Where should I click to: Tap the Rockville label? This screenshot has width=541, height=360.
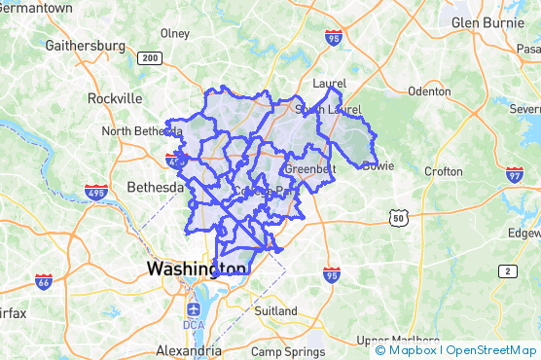115,98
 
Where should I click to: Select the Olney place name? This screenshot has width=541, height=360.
175,33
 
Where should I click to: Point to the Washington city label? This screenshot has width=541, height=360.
196,268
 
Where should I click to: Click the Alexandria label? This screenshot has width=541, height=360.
188,350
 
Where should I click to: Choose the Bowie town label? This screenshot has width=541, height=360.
378,165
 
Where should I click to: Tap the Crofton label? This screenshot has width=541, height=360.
444,171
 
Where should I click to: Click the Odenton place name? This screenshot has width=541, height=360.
429,91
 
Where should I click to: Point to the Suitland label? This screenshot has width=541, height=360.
275,311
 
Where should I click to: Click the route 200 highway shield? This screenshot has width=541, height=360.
150,58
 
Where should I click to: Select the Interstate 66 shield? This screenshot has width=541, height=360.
44,281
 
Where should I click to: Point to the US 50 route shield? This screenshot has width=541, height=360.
398,218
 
